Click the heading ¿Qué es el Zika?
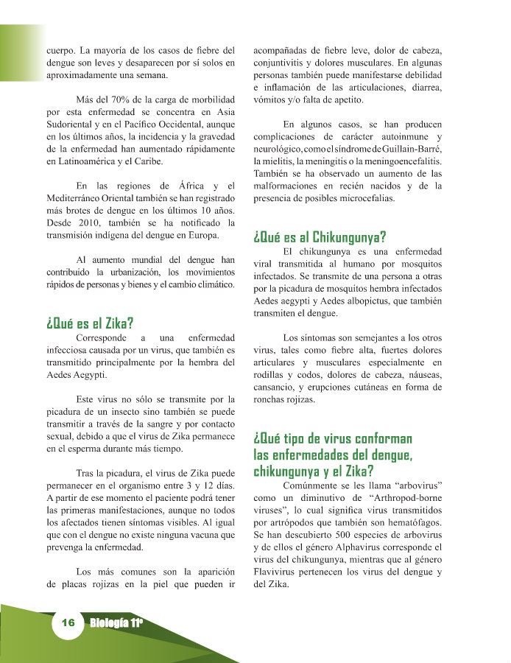[x=89, y=322]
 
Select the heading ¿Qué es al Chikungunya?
[x=320, y=236]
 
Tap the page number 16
[x=68, y=622]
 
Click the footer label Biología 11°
[x=116, y=622]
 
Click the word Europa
[x=202, y=236]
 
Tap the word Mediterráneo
[x=77, y=199]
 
